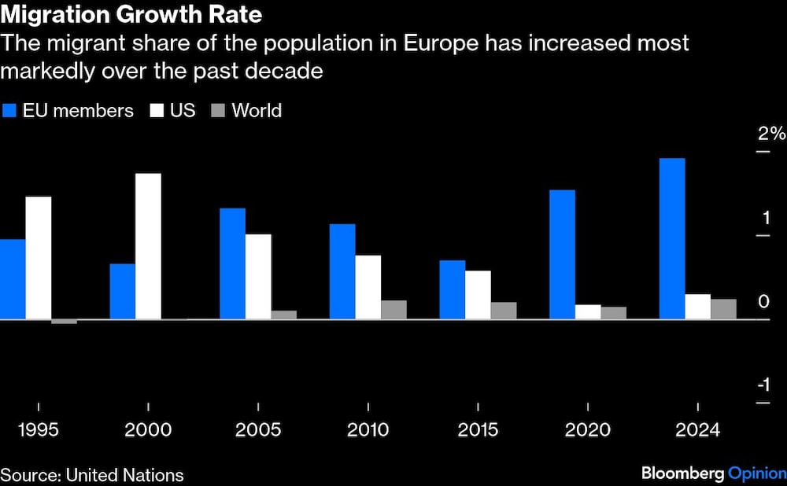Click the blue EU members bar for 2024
[x=671, y=238]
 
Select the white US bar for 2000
[x=148, y=246]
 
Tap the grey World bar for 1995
[x=64, y=322]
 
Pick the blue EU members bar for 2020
[x=562, y=254]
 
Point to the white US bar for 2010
[x=368, y=287]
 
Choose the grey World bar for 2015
[x=504, y=311]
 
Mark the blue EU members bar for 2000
[x=122, y=291]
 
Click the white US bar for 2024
[x=697, y=307]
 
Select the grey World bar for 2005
[x=284, y=315]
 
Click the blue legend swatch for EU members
[x=9, y=111]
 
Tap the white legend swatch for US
[x=156, y=111]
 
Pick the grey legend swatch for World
[x=218, y=111]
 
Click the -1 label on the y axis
[x=763, y=385]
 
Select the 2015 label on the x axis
[x=478, y=430]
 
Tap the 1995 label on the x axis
[x=38, y=430]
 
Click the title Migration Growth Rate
[x=131, y=14]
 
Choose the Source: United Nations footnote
[x=92, y=474]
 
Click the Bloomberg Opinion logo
[x=714, y=473]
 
